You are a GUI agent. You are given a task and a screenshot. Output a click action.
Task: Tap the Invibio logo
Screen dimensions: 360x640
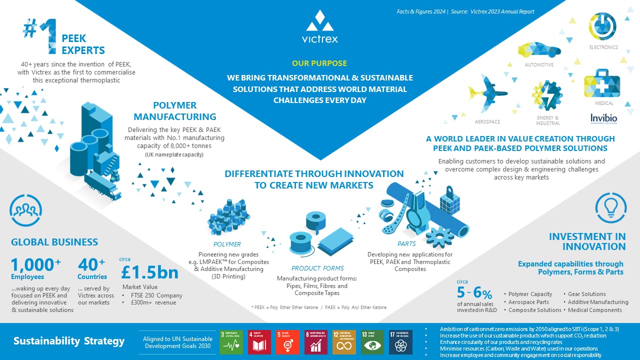603,119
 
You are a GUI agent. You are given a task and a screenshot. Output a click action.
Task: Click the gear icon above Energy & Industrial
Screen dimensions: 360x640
547,95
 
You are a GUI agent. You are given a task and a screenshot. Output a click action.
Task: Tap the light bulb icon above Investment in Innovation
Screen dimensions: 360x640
608,206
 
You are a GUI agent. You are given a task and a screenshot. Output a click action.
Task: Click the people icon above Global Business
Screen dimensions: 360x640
25,211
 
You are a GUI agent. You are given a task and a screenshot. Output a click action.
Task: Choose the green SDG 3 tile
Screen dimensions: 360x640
231,342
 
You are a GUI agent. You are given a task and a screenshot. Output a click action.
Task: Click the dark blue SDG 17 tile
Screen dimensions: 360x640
400,342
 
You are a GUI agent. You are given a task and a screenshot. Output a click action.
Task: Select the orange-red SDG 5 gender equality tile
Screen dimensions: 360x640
287,342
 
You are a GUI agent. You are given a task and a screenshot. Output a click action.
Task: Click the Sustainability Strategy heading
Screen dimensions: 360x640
69,341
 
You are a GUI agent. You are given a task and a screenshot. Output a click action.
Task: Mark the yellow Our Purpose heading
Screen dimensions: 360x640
319,63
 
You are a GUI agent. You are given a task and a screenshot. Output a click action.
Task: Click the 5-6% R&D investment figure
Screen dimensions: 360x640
474,292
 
